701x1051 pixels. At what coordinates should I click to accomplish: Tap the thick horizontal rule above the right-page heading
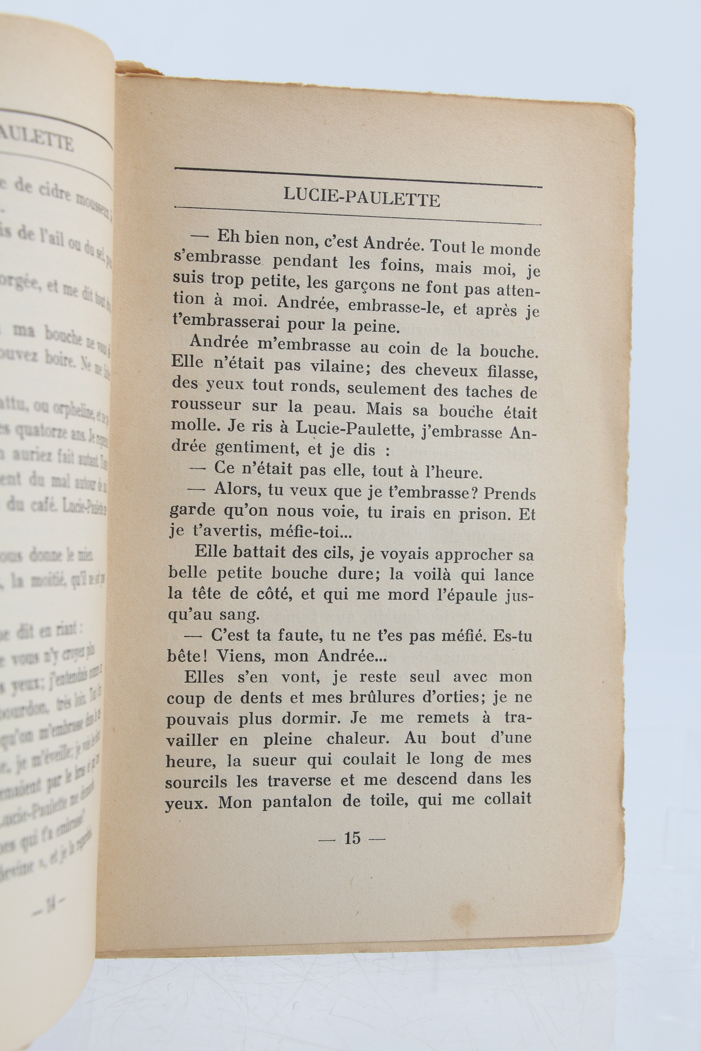pos(358,177)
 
